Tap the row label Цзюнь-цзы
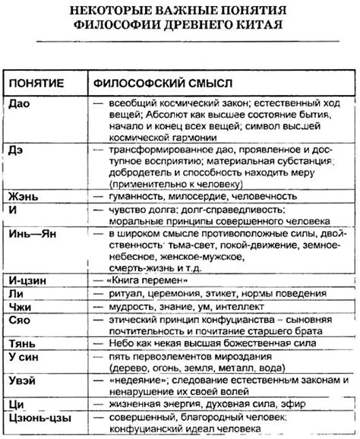(x=37, y=418)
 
